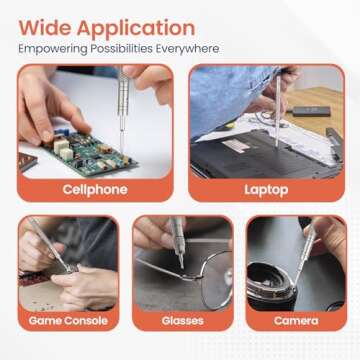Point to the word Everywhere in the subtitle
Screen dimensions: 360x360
[x=189, y=48]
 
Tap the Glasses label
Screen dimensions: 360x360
[x=182, y=321]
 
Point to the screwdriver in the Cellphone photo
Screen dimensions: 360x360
[x=122, y=100]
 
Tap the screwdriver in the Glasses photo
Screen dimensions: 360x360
[x=178, y=240]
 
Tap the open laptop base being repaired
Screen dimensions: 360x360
[x=255, y=150]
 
